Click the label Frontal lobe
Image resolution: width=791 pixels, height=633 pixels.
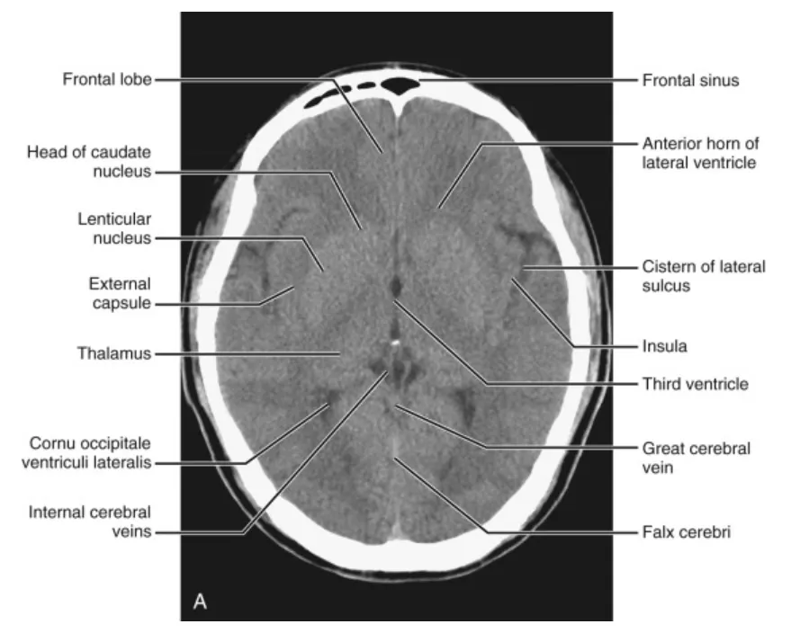tap(106, 79)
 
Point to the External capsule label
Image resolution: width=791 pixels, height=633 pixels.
tap(120, 293)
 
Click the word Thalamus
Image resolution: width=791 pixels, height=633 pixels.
tap(113, 353)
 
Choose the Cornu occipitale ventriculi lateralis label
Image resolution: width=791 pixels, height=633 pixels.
tap(90, 453)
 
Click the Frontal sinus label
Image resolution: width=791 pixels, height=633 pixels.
tap(690, 80)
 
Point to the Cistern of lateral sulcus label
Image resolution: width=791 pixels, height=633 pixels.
tap(703, 276)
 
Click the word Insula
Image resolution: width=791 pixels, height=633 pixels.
tap(666, 344)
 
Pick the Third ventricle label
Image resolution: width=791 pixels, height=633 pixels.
tap(694, 384)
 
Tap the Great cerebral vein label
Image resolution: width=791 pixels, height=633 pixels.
tap(696, 455)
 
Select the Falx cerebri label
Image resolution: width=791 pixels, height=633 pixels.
tap(686, 531)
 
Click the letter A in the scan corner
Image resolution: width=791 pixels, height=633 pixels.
tap(200, 602)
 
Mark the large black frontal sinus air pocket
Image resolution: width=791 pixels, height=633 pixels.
tap(400, 85)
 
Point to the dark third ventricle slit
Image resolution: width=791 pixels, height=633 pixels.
tap(396, 287)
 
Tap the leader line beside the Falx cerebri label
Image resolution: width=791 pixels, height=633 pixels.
tap(558, 532)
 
